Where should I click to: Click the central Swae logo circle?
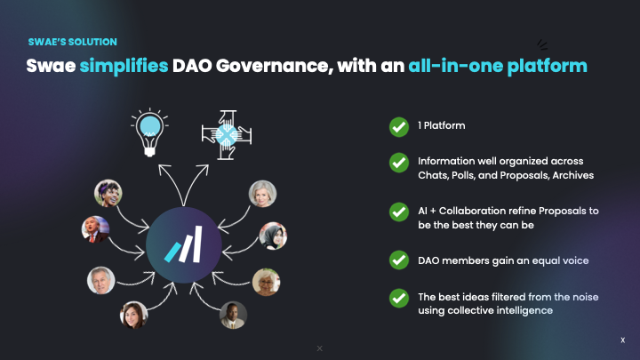pyautogui.click(x=184, y=244)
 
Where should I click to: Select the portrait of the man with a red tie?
pyautogui.click(x=95, y=228)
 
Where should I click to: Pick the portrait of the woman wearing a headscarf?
pyautogui.click(x=273, y=236)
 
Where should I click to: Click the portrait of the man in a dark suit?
pyautogui.click(x=233, y=316)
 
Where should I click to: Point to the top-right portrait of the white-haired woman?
pyautogui.click(x=262, y=194)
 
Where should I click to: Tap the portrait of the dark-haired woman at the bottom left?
pyautogui.click(x=133, y=316)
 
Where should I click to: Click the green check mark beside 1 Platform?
pyautogui.click(x=399, y=127)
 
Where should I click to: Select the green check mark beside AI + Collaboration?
pyautogui.click(x=399, y=212)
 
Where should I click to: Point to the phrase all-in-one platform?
pyautogui.click(x=498, y=66)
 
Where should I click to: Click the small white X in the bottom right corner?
pyautogui.click(x=622, y=340)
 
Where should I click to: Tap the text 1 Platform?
pyautogui.click(x=442, y=127)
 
